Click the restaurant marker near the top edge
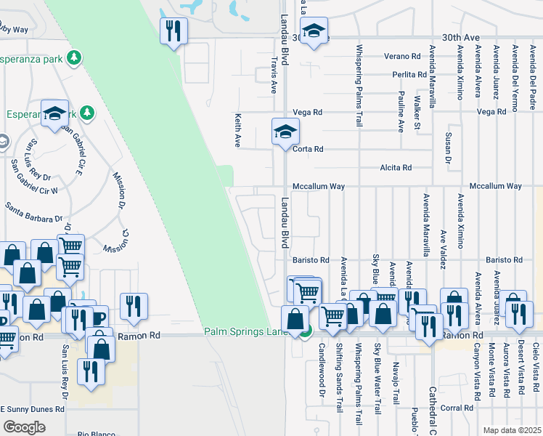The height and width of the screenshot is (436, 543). pyautogui.click(x=173, y=31)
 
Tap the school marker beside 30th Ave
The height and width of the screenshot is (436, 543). pyautogui.click(x=314, y=32)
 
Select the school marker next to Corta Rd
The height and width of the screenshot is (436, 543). pyautogui.click(x=285, y=133)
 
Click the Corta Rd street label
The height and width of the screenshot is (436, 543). pyautogui.click(x=307, y=149)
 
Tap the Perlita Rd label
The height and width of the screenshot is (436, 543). pyautogui.click(x=410, y=74)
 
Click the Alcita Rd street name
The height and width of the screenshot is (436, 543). pyautogui.click(x=396, y=168)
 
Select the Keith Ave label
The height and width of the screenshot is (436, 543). pyautogui.click(x=237, y=130)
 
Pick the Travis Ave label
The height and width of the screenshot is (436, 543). pyautogui.click(x=274, y=76)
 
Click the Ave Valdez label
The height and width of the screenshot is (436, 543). pyautogui.click(x=443, y=249)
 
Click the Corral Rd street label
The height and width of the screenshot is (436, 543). pyautogui.click(x=457, y=408)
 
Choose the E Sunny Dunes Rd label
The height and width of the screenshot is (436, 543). pyautogui.click(x=32, y=409)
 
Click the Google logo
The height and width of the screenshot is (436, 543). pyautogui.click(x=24, y=427)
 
